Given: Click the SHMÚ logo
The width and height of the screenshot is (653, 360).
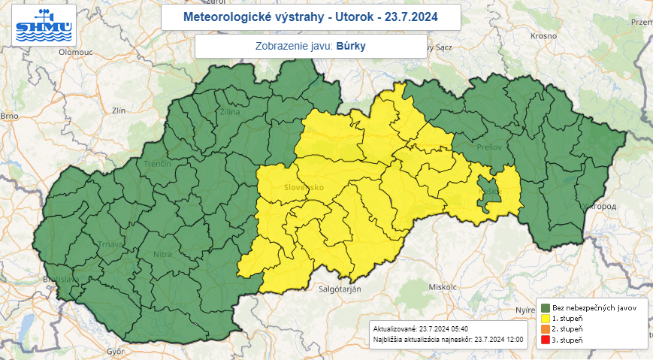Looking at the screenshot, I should click(x=44, y=24).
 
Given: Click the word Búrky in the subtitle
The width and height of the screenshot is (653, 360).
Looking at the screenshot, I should click(x=352, y=46).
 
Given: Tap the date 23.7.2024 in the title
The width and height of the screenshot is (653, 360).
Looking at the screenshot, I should click(x=412, y=16).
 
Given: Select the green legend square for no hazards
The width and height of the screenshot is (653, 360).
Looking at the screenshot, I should click(x=546, y=308).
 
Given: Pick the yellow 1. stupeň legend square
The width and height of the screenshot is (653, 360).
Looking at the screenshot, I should click(x=546, y=319).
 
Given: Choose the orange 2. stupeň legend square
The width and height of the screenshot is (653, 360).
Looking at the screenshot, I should click(x=546, y=329).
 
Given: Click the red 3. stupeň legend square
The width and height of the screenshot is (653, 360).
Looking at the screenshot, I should click(x=546, y=340).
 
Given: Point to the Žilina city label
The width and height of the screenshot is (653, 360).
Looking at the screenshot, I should click(x=230, y=112).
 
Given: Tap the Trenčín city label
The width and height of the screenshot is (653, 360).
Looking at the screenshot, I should click(x=159, y=164).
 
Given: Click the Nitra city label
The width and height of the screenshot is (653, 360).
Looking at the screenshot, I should click(x=163, y=255).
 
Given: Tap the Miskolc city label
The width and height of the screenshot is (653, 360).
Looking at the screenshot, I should click(x=443, y=287).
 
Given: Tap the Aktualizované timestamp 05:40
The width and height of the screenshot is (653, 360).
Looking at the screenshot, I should click(x=456, y=328).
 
